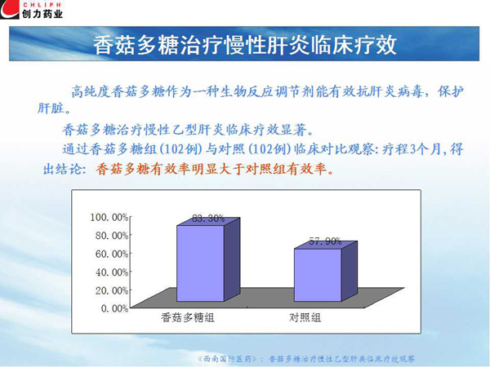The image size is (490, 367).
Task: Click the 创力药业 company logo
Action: pos(31,10)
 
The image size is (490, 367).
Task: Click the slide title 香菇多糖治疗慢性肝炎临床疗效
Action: pos(245,45)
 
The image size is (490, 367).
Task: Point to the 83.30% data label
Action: pos(208,219)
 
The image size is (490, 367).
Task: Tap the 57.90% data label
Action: pos(325,241)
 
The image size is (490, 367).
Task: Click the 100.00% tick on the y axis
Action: pos(109,217)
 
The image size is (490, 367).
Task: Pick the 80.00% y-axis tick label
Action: pos(112,236)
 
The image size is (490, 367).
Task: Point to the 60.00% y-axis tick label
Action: pos(112,254)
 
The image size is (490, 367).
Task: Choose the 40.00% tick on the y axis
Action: pos(112,272)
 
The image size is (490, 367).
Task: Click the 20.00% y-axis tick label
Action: pos(112,290)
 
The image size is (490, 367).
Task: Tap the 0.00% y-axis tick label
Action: pos(114,308)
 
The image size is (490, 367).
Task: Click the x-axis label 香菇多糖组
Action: pos(188,318)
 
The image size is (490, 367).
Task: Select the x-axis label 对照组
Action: pos(305,318)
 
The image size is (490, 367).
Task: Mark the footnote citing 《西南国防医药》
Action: pos(306,359)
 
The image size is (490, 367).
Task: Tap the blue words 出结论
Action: pos(64,170)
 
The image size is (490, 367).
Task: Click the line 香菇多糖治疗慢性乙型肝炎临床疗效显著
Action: pos(188,130)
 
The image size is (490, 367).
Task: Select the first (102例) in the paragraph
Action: pos(180,149)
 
